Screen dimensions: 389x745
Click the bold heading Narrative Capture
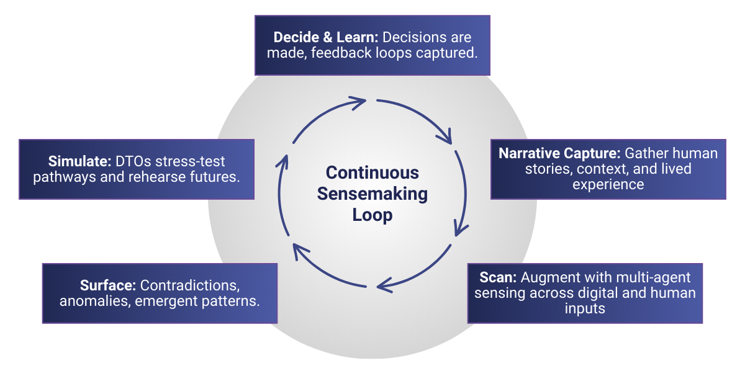click(x=559, y=153)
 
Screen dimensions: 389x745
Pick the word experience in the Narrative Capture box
click(x=608, y=184)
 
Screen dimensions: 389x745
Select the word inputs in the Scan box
click(x=585, y=308)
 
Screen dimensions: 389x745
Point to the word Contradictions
click(x=190, y=286)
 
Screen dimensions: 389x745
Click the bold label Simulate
click(x=79, y=161)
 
